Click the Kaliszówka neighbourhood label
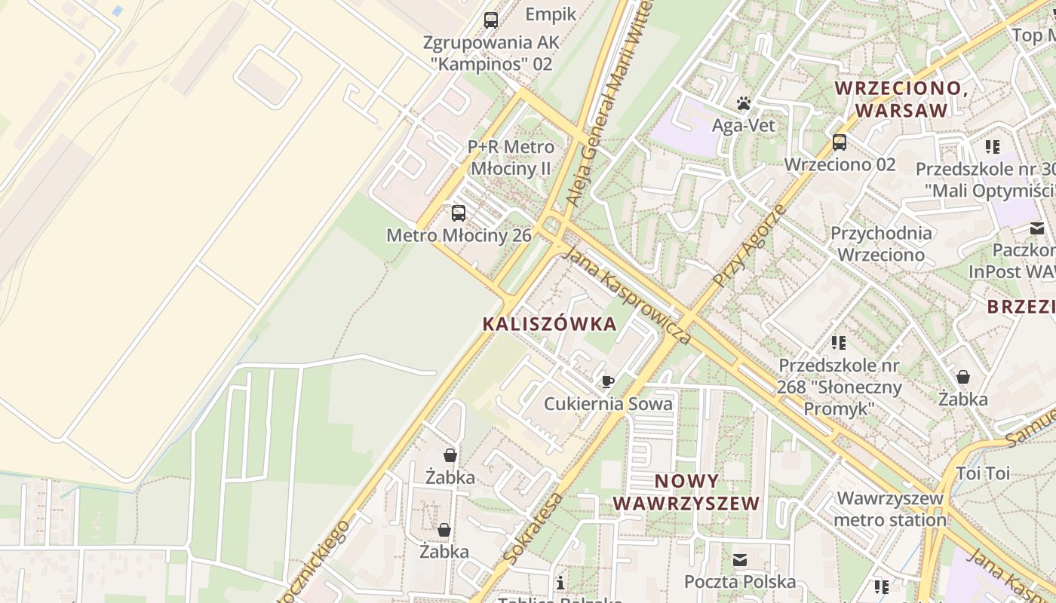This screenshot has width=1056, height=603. (549, 324)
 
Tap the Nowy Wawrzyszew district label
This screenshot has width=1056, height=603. (686, 492)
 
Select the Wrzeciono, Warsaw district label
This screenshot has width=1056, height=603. (901, 99)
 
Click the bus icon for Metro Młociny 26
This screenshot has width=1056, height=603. (459, 213)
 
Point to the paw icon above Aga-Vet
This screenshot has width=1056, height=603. (744, 103)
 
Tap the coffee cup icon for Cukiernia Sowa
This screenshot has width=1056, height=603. (608, 381)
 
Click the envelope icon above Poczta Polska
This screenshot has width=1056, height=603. (739, 560)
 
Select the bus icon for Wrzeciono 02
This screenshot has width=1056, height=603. (840, 142)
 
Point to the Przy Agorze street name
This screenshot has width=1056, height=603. (748, 245)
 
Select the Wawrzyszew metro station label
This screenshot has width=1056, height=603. (890, 509)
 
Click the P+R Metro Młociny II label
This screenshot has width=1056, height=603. (511, 158)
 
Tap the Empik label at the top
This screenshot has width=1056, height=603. (551, 14)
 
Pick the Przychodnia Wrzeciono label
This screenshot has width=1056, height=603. (881, 243)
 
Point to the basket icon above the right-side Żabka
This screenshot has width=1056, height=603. (963, 377)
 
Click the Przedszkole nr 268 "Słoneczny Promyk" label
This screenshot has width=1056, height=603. (839, 387)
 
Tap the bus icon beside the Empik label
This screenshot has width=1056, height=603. (491, 20)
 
